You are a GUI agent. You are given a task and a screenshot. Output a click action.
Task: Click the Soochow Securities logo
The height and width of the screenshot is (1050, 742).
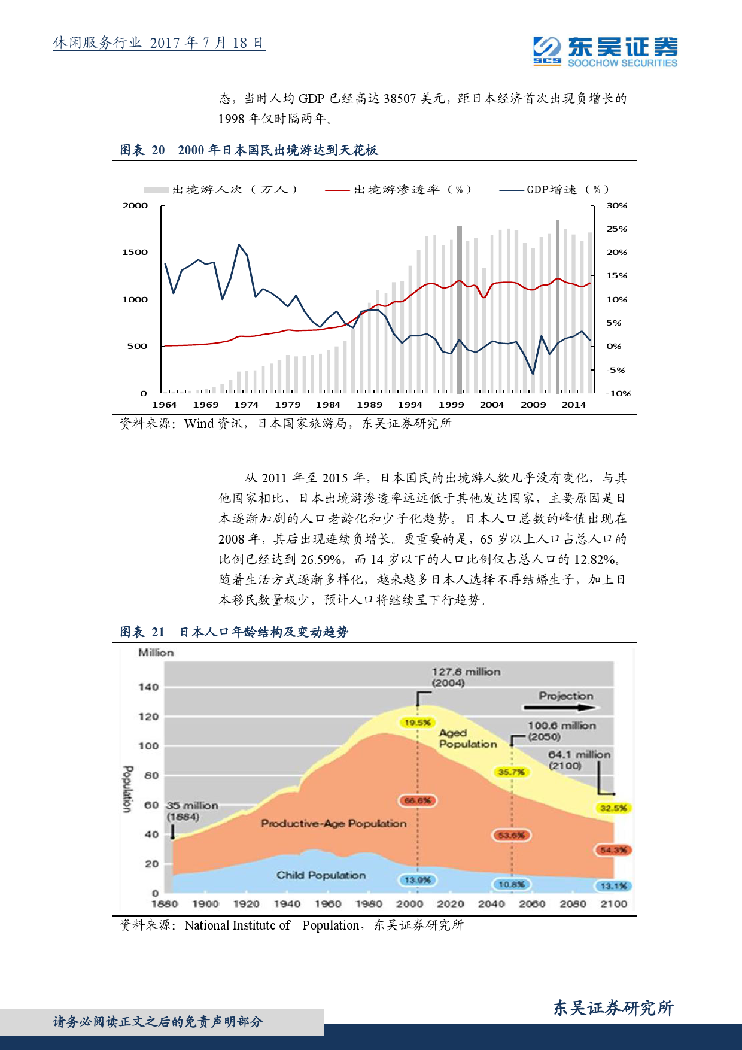coord(605,51)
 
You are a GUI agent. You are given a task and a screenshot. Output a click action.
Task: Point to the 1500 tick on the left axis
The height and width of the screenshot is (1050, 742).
coord(135,253)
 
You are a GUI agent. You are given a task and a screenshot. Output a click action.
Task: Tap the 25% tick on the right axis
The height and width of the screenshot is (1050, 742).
coord(616,229)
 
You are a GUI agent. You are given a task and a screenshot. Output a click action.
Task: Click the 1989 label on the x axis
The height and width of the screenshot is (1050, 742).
coord(369,405)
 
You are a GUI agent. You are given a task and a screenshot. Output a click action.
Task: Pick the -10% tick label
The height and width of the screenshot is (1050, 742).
coord(618,393)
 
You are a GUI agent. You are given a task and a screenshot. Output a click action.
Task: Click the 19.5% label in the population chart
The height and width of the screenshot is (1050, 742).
coord(417,723)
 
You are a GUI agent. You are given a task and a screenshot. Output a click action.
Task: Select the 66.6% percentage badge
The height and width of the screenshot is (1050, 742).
coord(418,800)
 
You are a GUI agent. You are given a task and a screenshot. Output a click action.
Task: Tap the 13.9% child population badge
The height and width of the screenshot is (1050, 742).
coord(417,880)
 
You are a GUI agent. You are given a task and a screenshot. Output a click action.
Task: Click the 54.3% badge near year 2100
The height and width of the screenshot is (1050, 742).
coord(613,850)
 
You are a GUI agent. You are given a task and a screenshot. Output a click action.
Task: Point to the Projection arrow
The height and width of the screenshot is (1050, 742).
coord(561,708)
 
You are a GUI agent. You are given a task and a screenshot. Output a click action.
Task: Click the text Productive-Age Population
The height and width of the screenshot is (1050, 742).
coord(333,824)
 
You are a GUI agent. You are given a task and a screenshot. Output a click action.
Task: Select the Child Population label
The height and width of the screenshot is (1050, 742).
coord(321,875)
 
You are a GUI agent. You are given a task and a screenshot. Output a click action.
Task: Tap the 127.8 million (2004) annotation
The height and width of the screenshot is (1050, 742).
coord(465,678)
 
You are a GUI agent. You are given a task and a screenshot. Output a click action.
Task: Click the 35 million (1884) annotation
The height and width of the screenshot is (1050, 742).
coord(191,811)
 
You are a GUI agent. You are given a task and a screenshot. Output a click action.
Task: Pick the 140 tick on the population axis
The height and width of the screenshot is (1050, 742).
coord(148,687)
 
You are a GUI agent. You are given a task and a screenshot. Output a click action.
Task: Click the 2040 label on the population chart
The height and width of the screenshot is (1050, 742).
coord(491,904)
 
